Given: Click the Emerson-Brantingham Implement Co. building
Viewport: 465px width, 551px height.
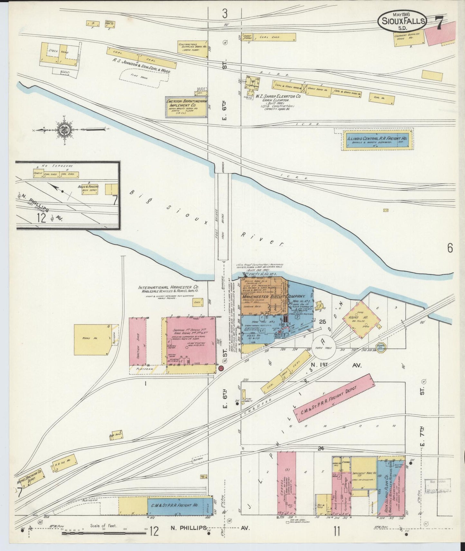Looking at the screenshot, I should point(186,107).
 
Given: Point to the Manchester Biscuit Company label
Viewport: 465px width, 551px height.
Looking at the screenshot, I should point(274,296).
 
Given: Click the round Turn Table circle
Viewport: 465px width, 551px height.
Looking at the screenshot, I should point(323,347).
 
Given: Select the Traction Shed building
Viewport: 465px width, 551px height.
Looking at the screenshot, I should point(138,341).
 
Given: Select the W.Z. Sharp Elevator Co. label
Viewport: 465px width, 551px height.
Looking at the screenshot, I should point(278,96).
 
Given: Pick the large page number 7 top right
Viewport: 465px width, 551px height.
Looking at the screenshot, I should point(438,23).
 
